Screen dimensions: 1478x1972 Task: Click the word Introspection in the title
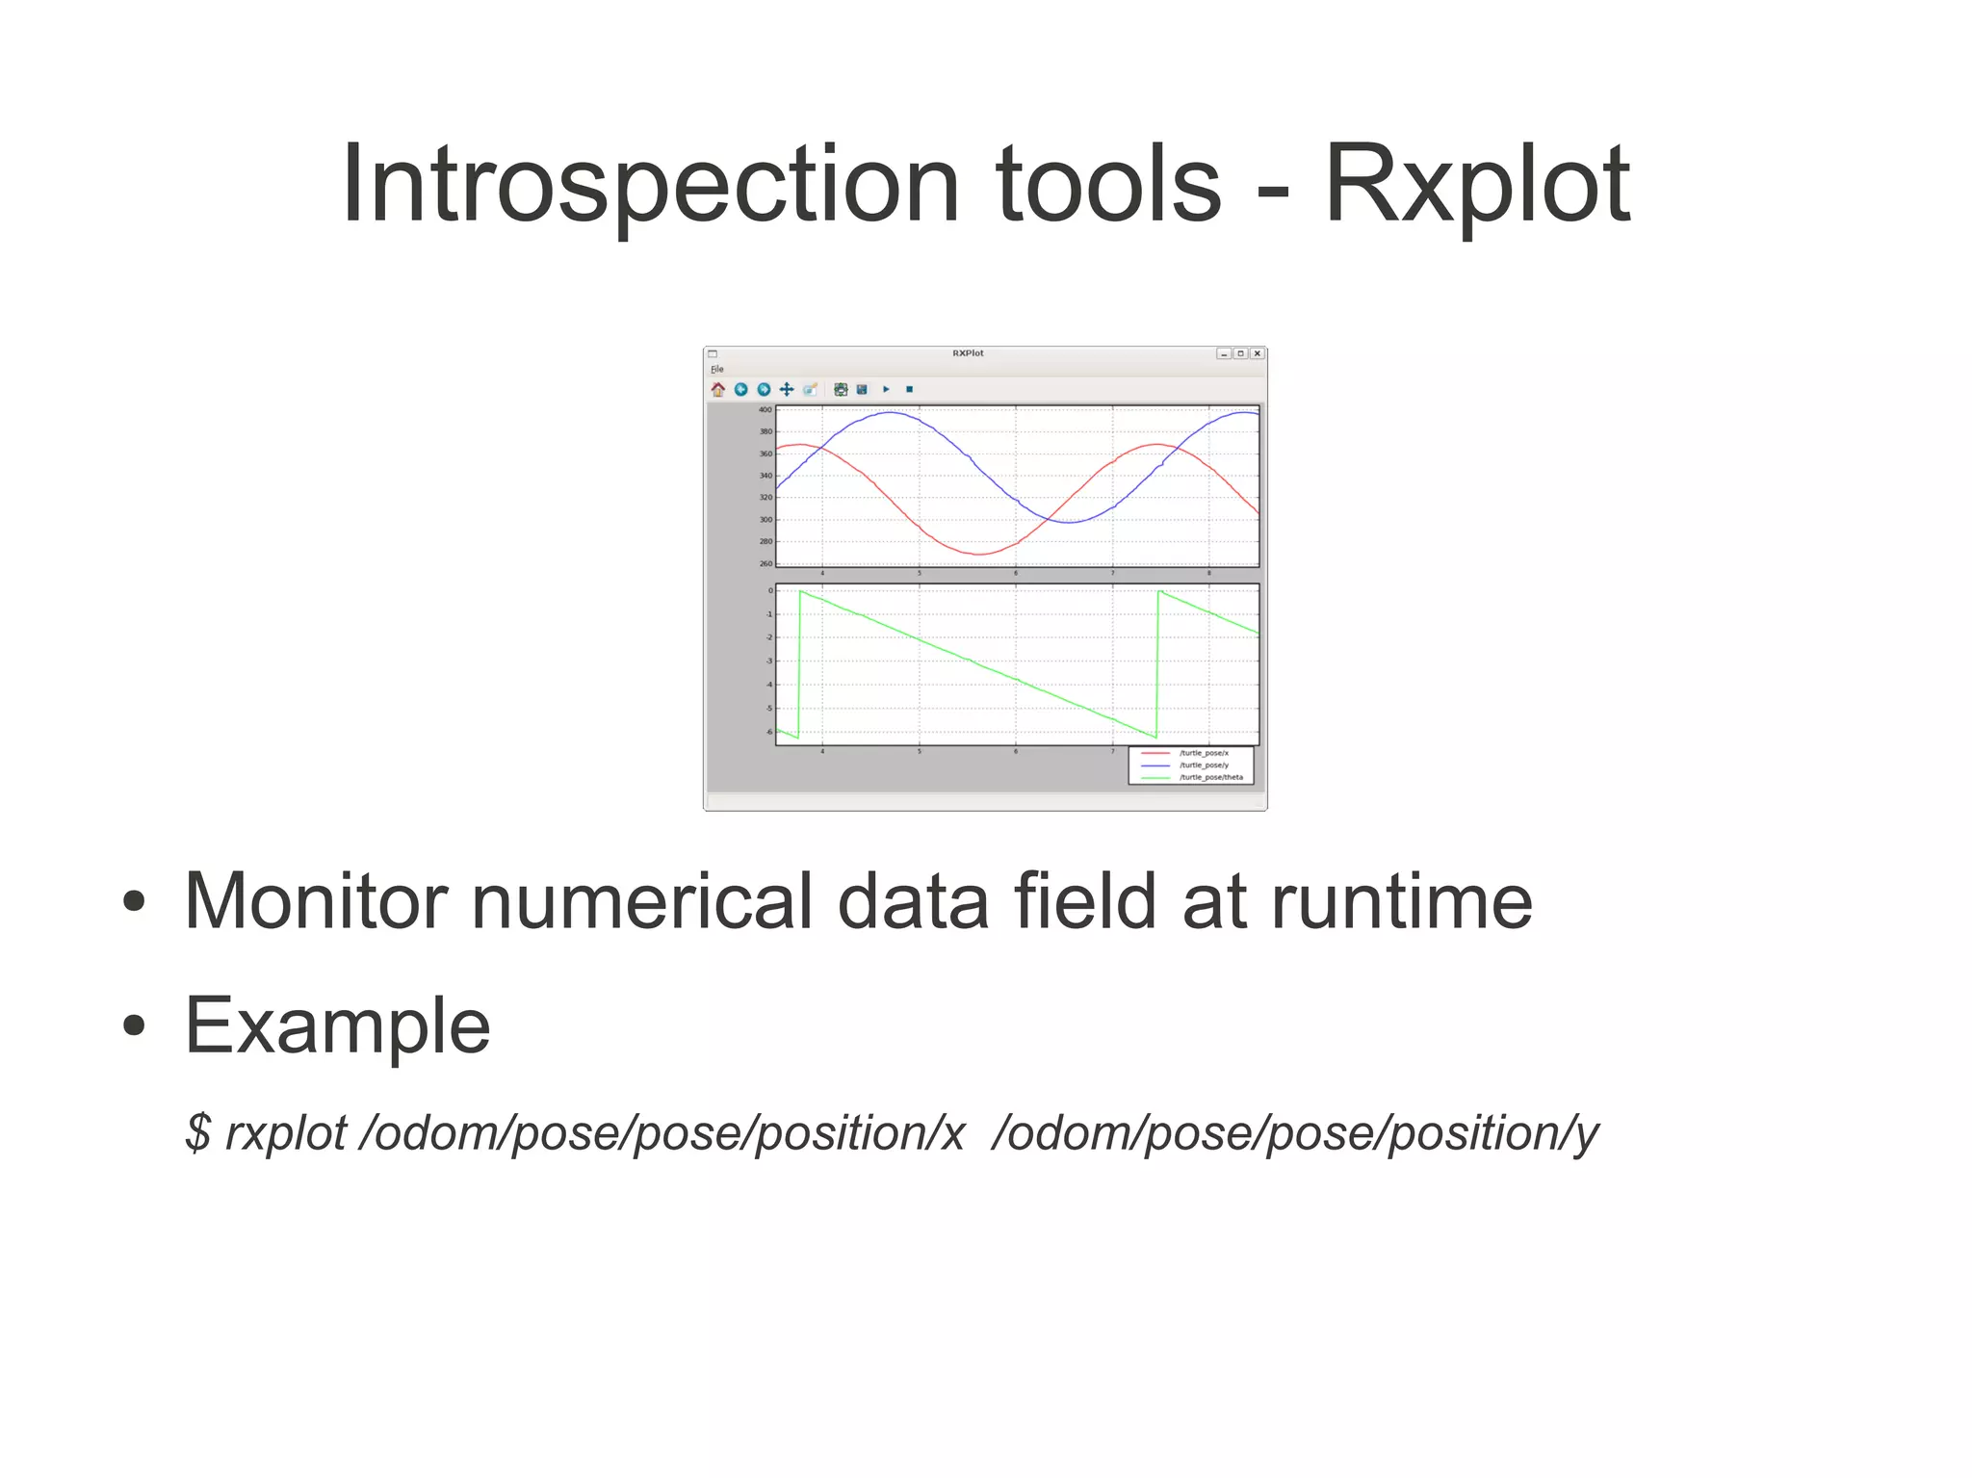[x=650, y=185]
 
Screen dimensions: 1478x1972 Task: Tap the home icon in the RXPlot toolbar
[x=718, y=389]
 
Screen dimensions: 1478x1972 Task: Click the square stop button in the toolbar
[x=909, y=389]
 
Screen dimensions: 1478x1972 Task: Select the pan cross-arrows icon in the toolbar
[x=787, y=389]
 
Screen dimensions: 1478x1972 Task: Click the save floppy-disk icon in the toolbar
[x=862, y=389]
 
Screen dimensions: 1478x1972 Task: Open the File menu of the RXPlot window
[x=716, y=369]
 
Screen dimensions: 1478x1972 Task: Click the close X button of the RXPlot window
[x=1257, y=353]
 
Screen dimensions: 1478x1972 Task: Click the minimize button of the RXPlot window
[x=1223, y=353]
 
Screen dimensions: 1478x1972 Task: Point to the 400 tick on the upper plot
[x=765, y=409]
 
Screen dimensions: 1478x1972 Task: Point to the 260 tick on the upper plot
[x=765, y=563]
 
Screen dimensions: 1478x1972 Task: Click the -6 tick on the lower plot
[x=768, y=732]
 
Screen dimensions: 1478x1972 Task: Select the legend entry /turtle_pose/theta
[x=1210, y=777]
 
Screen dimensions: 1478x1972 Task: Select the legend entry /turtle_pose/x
[x=1204, y=753]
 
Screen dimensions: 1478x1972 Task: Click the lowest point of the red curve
[x=978, y=555]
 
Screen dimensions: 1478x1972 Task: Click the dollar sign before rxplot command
[x=198, y=1132]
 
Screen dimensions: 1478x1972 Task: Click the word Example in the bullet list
[x=337, y=1026]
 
